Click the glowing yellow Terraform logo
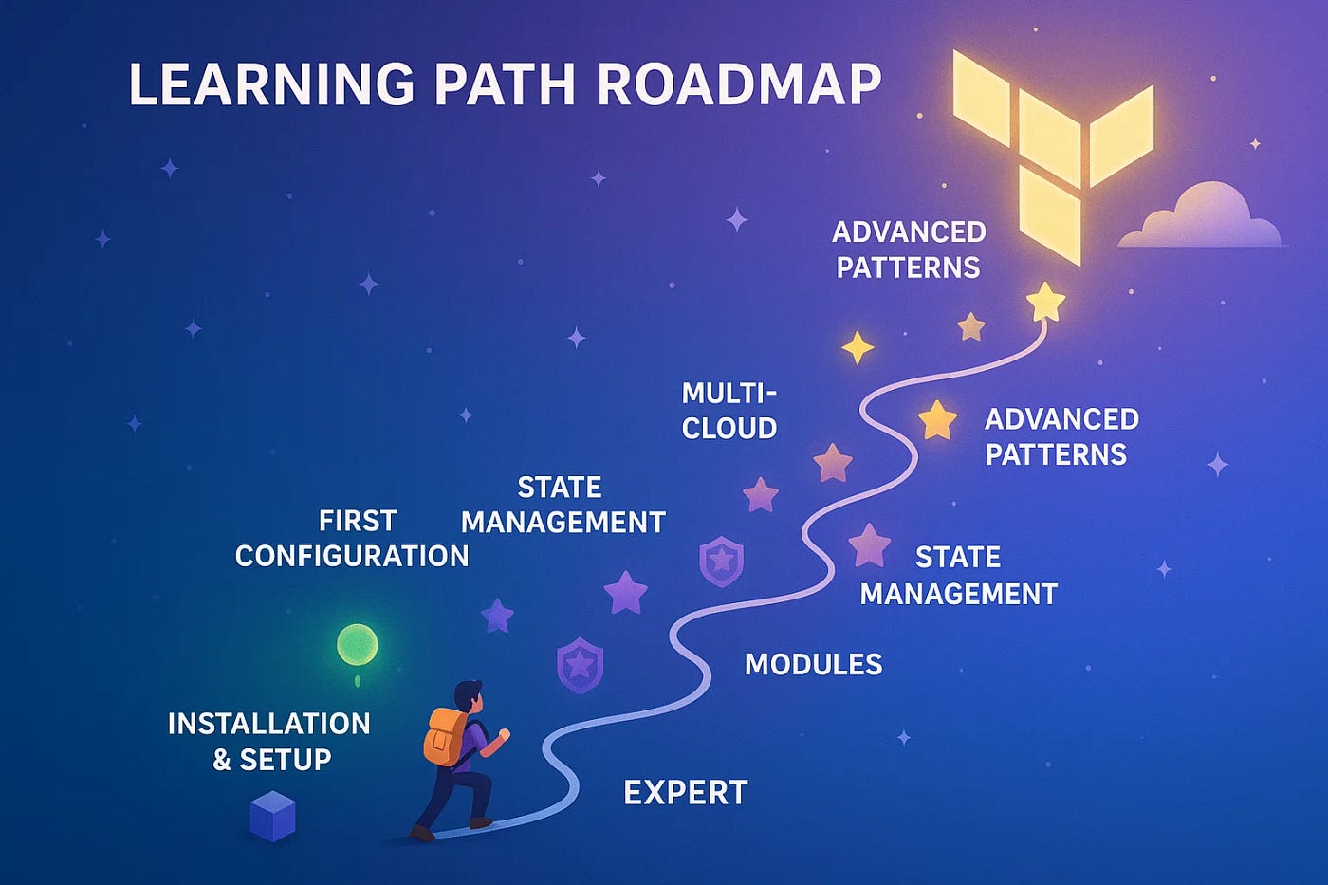(x=1053, y=152)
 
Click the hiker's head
(x=468, y=695)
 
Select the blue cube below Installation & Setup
(x=272, y=817)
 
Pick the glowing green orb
(x=358, y=645)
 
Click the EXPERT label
(x=686, y=793)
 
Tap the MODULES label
(x=813, y=664)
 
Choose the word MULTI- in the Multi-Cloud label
(x=729, y=393)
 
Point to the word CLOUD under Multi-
(x=729, y=429)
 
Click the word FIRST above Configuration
(x=357, y=521)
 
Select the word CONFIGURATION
(x=352, y=556)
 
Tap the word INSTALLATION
(x=268, y=724)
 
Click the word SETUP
(x=286, y=760)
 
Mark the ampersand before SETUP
(x=222, y=760)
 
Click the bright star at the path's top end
(x=1045, y=302)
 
